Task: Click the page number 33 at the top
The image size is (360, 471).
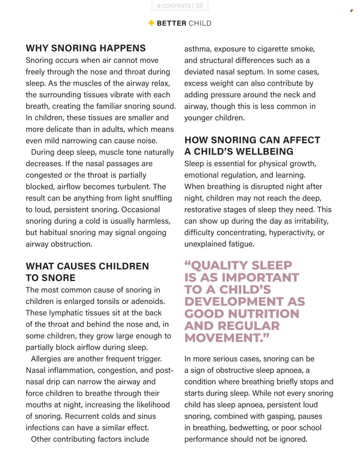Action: coord(199,6)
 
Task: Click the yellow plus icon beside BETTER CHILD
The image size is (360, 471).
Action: coord(151,23)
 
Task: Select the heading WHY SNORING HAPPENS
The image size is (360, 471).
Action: coord(86,48)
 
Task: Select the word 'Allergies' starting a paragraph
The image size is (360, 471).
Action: coord(46,359)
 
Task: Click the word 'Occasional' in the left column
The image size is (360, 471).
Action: coord(141,210)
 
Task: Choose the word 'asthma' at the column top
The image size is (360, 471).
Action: coord(197,49)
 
